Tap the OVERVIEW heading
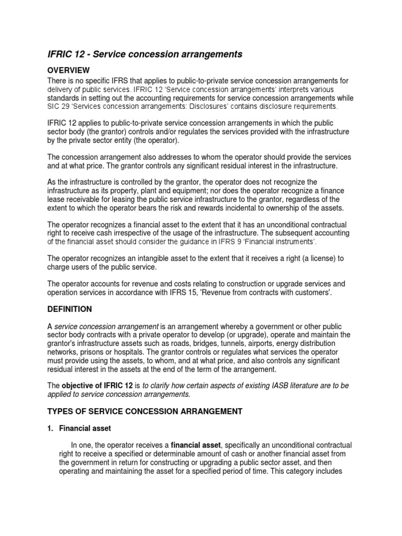(69, 70)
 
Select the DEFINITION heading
(70, 309)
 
